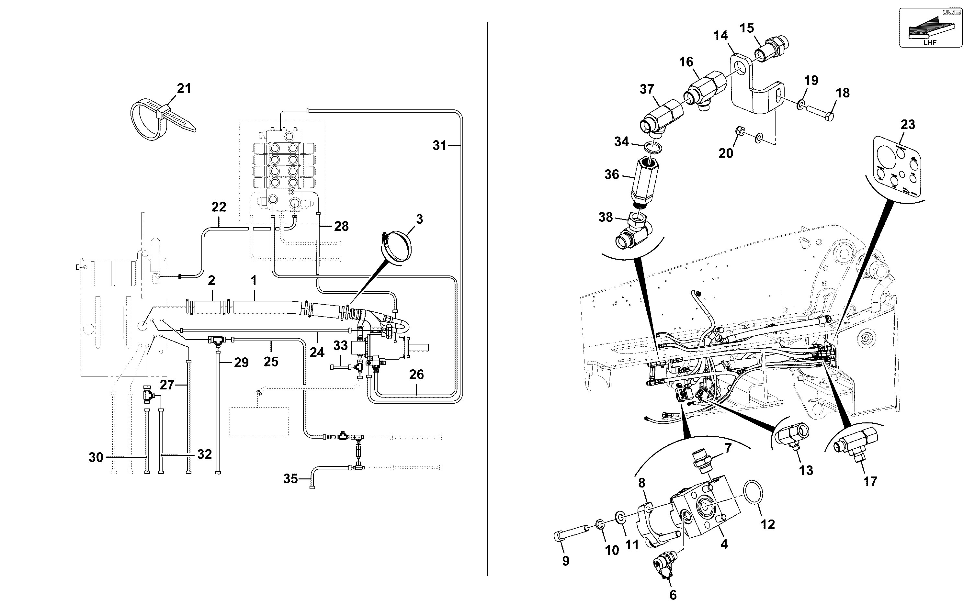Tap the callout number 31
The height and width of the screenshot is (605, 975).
coord(439,145)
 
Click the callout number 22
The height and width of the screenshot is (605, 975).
coord(219,207)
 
